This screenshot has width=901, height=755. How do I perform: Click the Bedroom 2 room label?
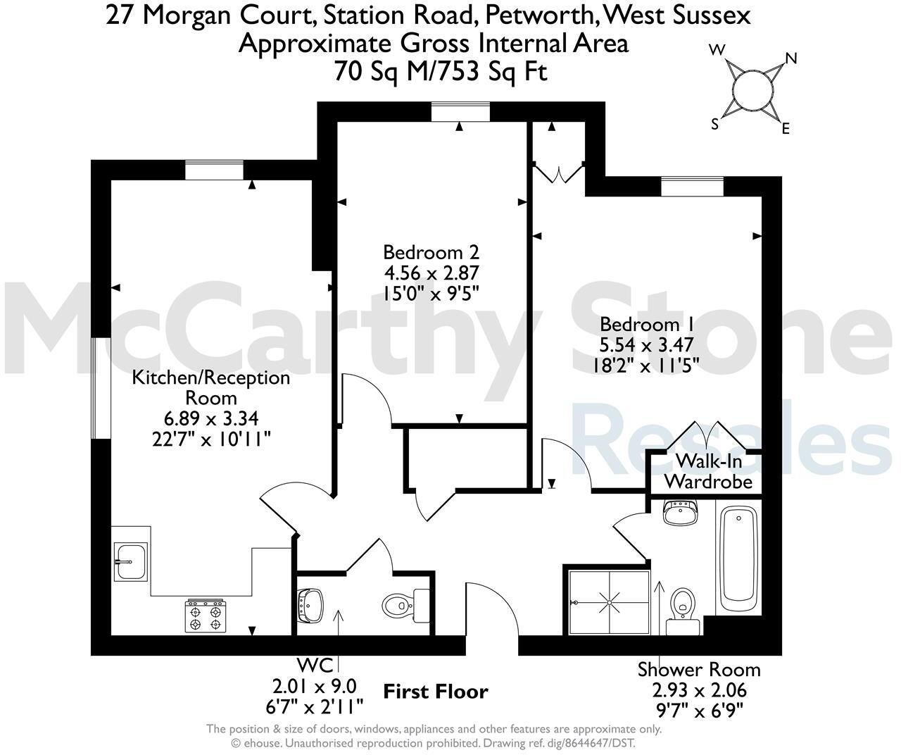(431, 252)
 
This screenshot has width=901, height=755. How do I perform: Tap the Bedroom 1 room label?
(647, 325)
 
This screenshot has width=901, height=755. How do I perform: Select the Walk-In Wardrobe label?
(708, 472)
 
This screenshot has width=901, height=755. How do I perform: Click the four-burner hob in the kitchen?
(205, 615)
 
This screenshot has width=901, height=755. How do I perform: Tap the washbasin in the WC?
(311, 604)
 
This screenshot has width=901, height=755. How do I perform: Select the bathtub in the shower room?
(737, 561)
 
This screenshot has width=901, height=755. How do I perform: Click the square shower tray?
(609, 603)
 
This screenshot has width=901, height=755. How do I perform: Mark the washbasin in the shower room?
(680, 512)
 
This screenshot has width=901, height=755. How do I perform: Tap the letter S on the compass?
(715, 124)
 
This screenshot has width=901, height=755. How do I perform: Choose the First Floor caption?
(435, 692)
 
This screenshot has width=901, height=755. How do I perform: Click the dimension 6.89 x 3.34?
(212, 419)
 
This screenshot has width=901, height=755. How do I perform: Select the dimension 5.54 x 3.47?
(647, 345)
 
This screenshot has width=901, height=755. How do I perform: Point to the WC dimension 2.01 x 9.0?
(315, 685)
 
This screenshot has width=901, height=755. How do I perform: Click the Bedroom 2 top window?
(460, 111)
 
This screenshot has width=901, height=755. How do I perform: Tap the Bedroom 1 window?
(692, 186)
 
